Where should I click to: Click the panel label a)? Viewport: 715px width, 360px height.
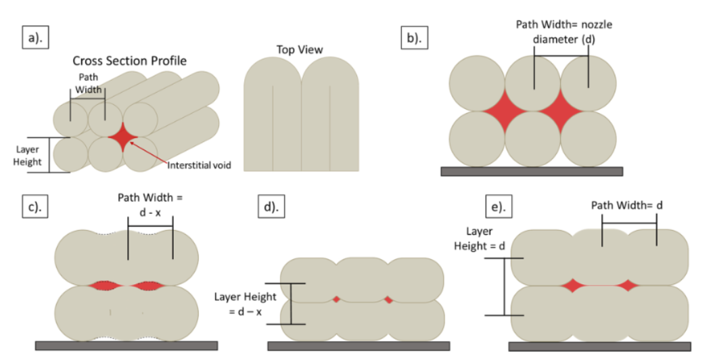coord(36,37)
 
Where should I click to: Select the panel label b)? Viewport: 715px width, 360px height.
coord(414,37)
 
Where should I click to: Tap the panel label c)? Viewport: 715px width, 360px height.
coord(35,206)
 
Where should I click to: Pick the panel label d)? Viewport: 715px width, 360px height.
coord(271,206)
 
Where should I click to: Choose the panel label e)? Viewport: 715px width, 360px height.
coord(499,206)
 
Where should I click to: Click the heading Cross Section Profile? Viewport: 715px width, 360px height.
coord(129,61)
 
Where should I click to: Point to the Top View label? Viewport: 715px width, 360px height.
coord(300,49)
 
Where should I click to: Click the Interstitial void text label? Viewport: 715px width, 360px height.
coord(199,165)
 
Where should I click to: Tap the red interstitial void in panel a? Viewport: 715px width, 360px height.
coord(122,137)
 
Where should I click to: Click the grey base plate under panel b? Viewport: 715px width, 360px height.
coord(532,171)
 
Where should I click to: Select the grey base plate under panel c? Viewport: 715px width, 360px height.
coord(126,345)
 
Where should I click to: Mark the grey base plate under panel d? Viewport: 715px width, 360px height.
coord(359,346)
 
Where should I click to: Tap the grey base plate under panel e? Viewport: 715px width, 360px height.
coord(599,346)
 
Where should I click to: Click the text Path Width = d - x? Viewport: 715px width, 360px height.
coord(150,204)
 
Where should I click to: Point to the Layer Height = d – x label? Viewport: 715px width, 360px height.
coord(246,304)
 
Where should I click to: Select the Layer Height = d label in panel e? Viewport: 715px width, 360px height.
coord(479,239)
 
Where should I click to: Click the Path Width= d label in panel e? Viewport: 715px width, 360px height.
coord(626,205)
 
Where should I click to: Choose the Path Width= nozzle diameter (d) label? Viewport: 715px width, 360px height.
coord(564,32)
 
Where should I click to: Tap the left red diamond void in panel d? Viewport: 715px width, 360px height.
coord(336,299)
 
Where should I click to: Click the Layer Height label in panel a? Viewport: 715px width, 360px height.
coord(27,156)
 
